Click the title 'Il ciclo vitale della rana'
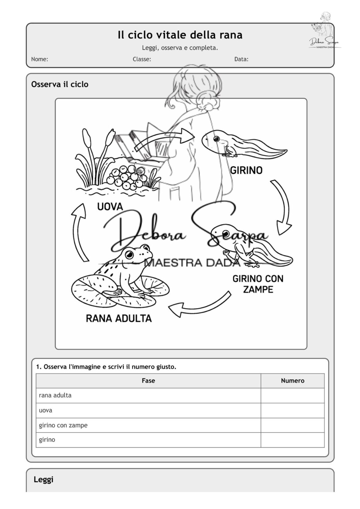click(x=180, y=35)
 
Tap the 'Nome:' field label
click(x=39, y=59)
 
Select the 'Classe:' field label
click(x=142, y=59)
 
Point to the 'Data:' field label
click(x=241, y=59)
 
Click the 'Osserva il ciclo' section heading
click(x=60, y=84)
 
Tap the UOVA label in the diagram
click(x=110, y=207)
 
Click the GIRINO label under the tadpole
click(x=246, y=170)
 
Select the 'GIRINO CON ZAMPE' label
click(x=258, y=284)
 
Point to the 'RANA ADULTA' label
click(x=119, y=318)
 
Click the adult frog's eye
click(x=130, y=254)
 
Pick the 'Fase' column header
click(x=148, y=380)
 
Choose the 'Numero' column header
click(x=292, y=380)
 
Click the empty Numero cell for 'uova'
click(x=292, y=410)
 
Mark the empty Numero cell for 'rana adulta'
click(x=292, y=395)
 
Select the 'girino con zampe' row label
click(x=63, y=425)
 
